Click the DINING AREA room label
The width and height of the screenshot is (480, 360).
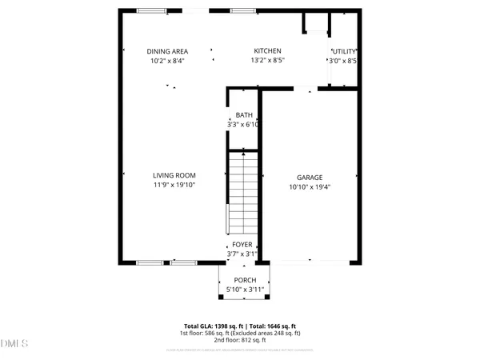click(167, 51)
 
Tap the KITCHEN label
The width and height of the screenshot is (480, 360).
click(266, 51)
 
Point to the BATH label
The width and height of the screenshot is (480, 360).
click(243, 115)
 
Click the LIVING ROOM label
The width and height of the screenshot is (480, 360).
click(174, 175)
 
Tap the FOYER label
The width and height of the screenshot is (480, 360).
click(242, 245)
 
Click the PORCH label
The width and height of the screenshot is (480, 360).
click(245, 280)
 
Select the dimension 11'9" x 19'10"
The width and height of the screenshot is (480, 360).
click(174, 185)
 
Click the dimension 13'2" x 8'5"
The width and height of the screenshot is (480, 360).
click(266, 61)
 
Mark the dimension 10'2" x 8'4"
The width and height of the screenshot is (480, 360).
click(167, 61)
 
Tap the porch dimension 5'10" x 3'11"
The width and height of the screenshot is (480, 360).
click(245, 289)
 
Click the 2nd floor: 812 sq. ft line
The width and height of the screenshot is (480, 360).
click(240, 341)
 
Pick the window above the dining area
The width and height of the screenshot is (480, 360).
click(152, 10)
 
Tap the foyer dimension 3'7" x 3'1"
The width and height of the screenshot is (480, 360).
click(242, 254)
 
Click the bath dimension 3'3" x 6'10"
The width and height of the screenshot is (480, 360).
click(243, 125)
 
